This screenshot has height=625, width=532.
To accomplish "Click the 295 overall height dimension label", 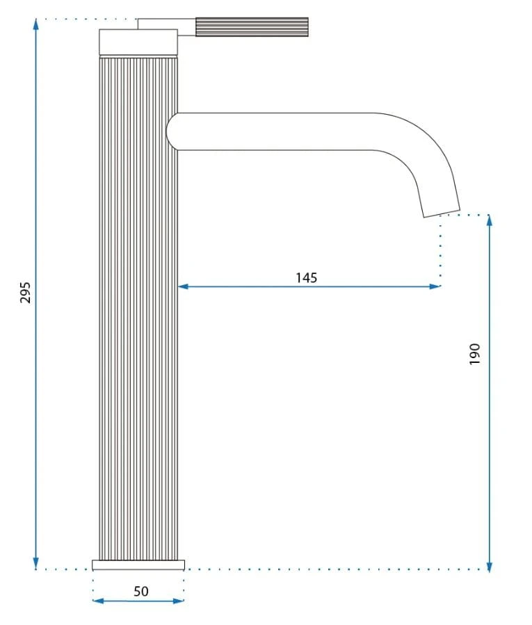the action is coord(25,293).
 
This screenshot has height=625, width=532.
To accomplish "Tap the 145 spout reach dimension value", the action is coord(306,277).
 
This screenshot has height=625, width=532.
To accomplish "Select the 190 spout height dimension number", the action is coord(474,354).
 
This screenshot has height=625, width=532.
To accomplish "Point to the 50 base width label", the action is coord(140,591).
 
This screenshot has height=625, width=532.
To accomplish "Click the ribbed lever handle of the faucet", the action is coord(252,26).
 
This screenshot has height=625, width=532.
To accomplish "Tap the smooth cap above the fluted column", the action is coord(138,42).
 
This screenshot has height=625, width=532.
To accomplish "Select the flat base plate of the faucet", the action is coord(138,565).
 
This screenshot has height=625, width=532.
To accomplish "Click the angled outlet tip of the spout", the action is coord(441,211).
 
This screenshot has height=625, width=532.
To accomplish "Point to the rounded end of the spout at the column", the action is coord(172,131).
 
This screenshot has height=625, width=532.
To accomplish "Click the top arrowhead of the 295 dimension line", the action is coord(36,24).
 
